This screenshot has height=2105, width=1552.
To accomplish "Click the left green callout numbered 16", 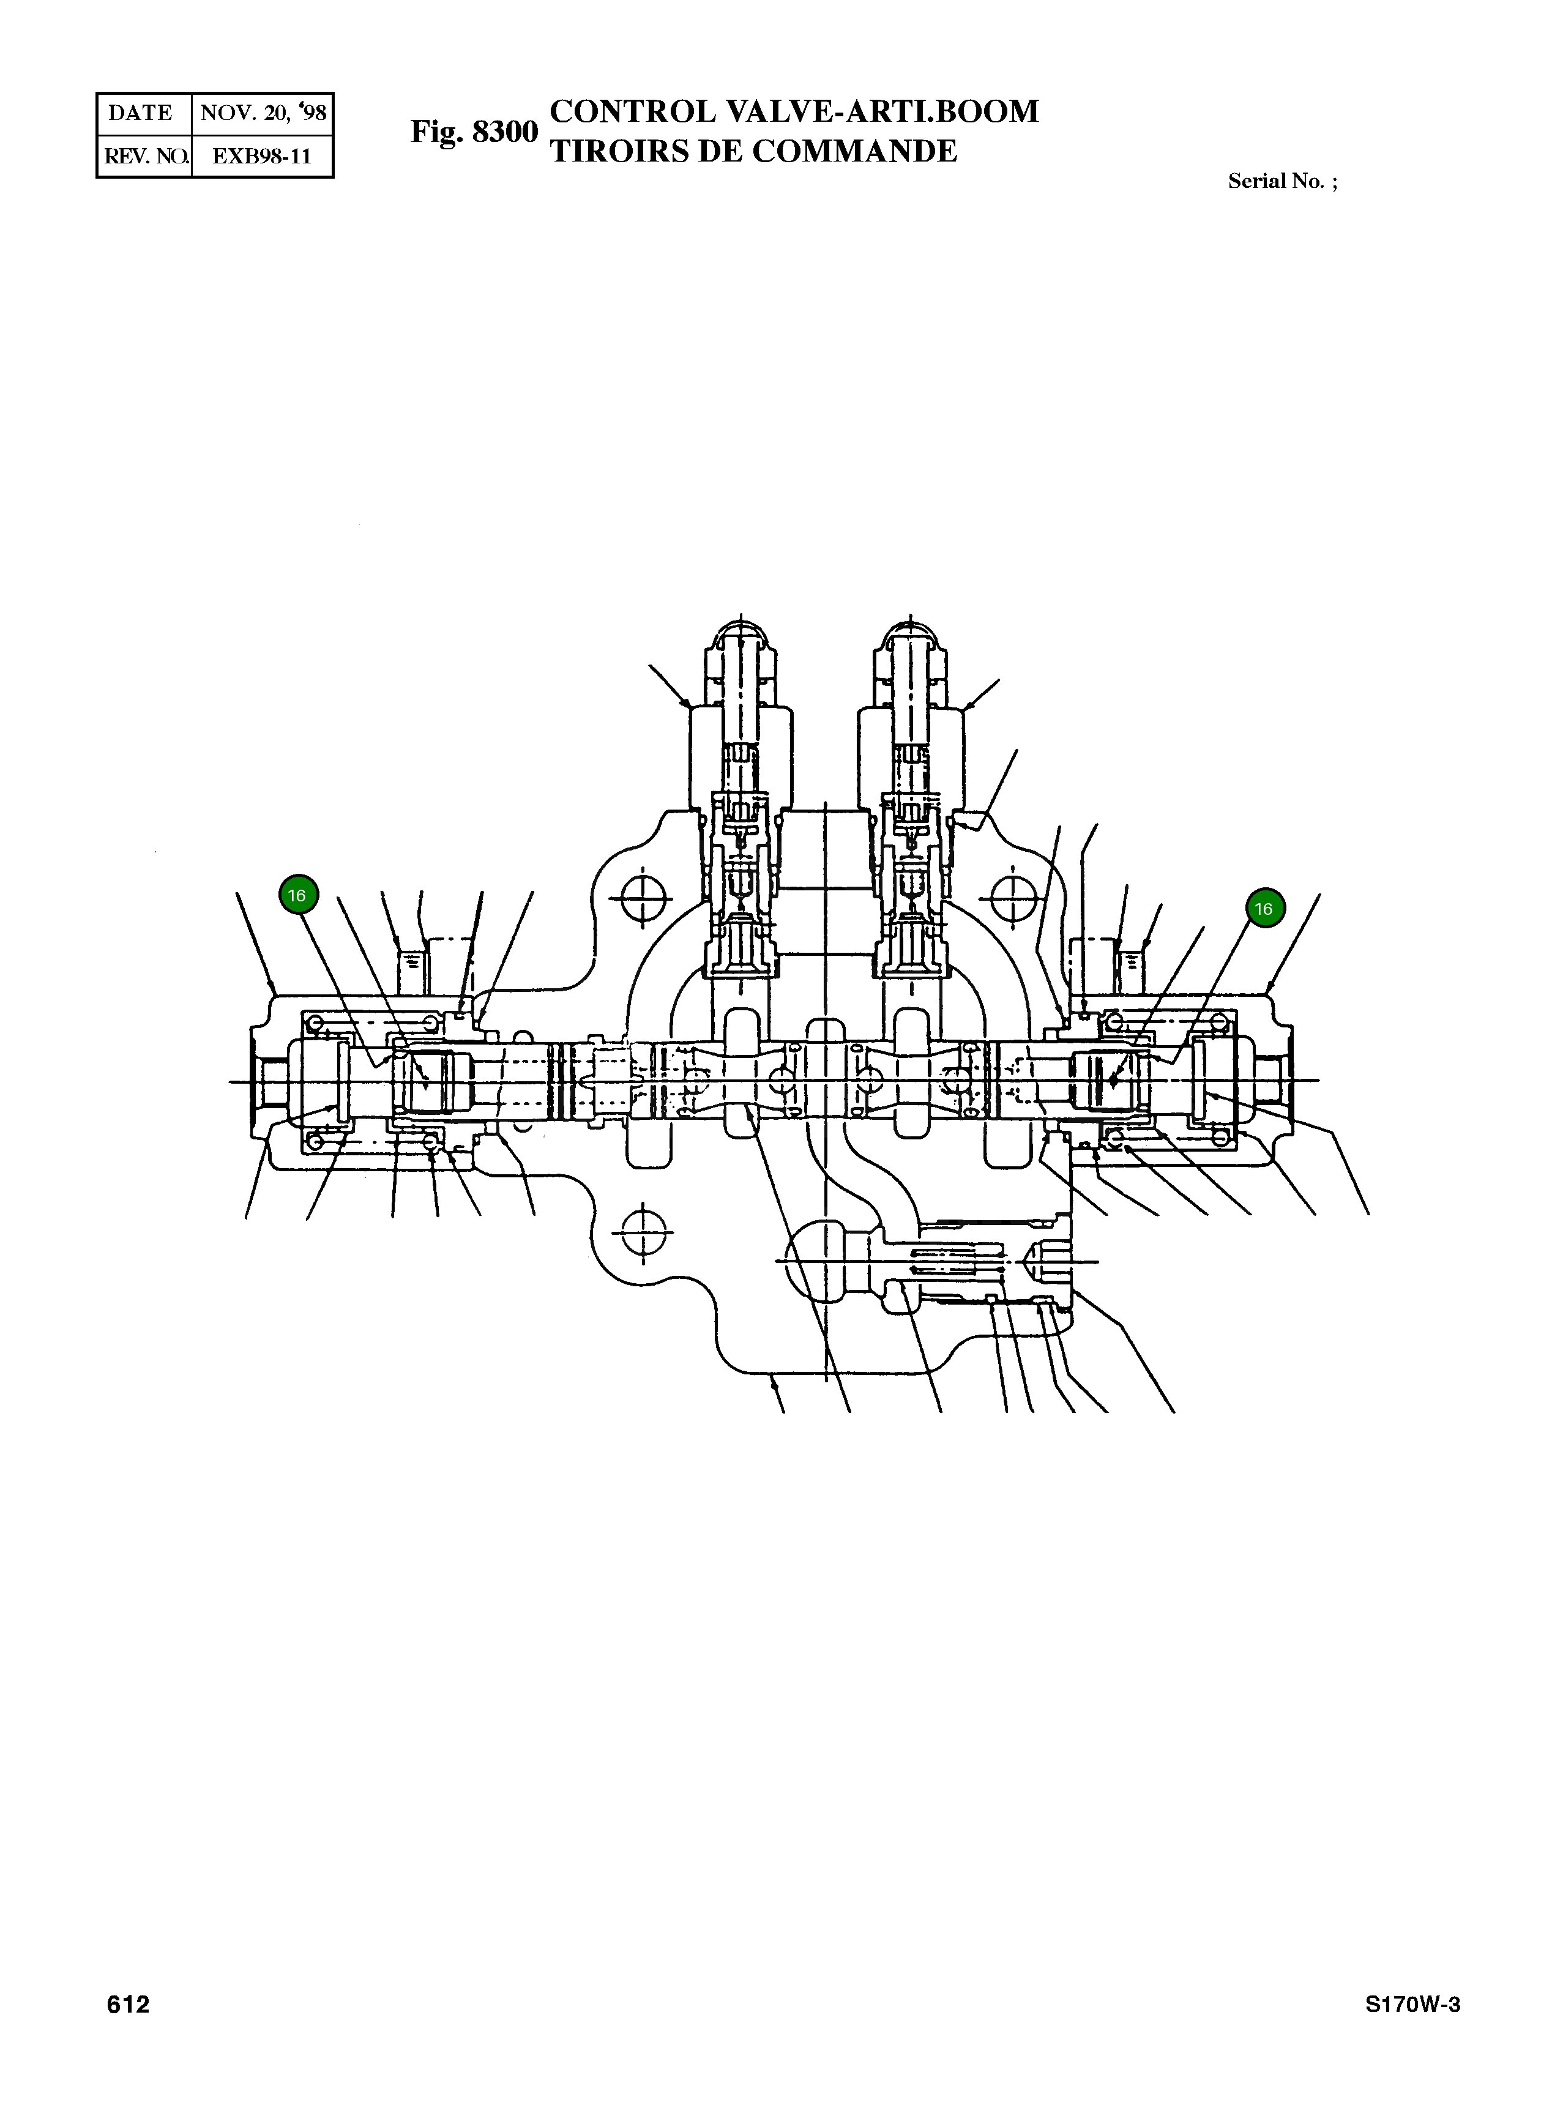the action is coord(299,895).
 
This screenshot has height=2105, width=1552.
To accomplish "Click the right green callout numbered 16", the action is coord(1264,908).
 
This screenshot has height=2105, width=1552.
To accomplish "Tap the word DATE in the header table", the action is coord(141,114).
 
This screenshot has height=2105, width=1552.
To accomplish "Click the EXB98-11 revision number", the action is coord(261,156).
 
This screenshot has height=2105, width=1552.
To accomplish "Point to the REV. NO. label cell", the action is coord(144,156).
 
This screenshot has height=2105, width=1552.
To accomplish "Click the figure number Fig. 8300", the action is coord(474,132).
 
